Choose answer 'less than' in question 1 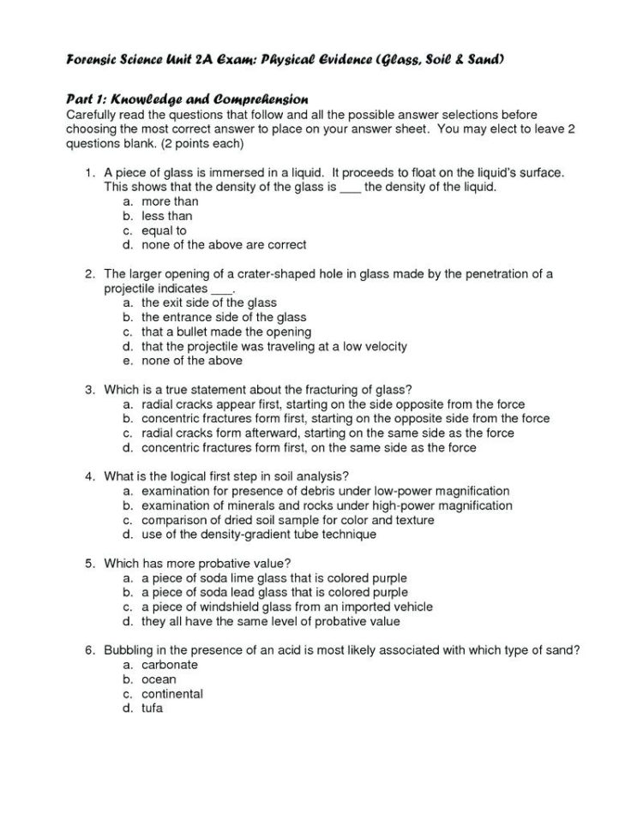[x=167, y=216]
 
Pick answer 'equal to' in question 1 [x=164, y=230]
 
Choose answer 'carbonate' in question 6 [x=170, y=666]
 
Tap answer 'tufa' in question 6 [x=153, y=708]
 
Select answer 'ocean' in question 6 [x=159, y=679]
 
